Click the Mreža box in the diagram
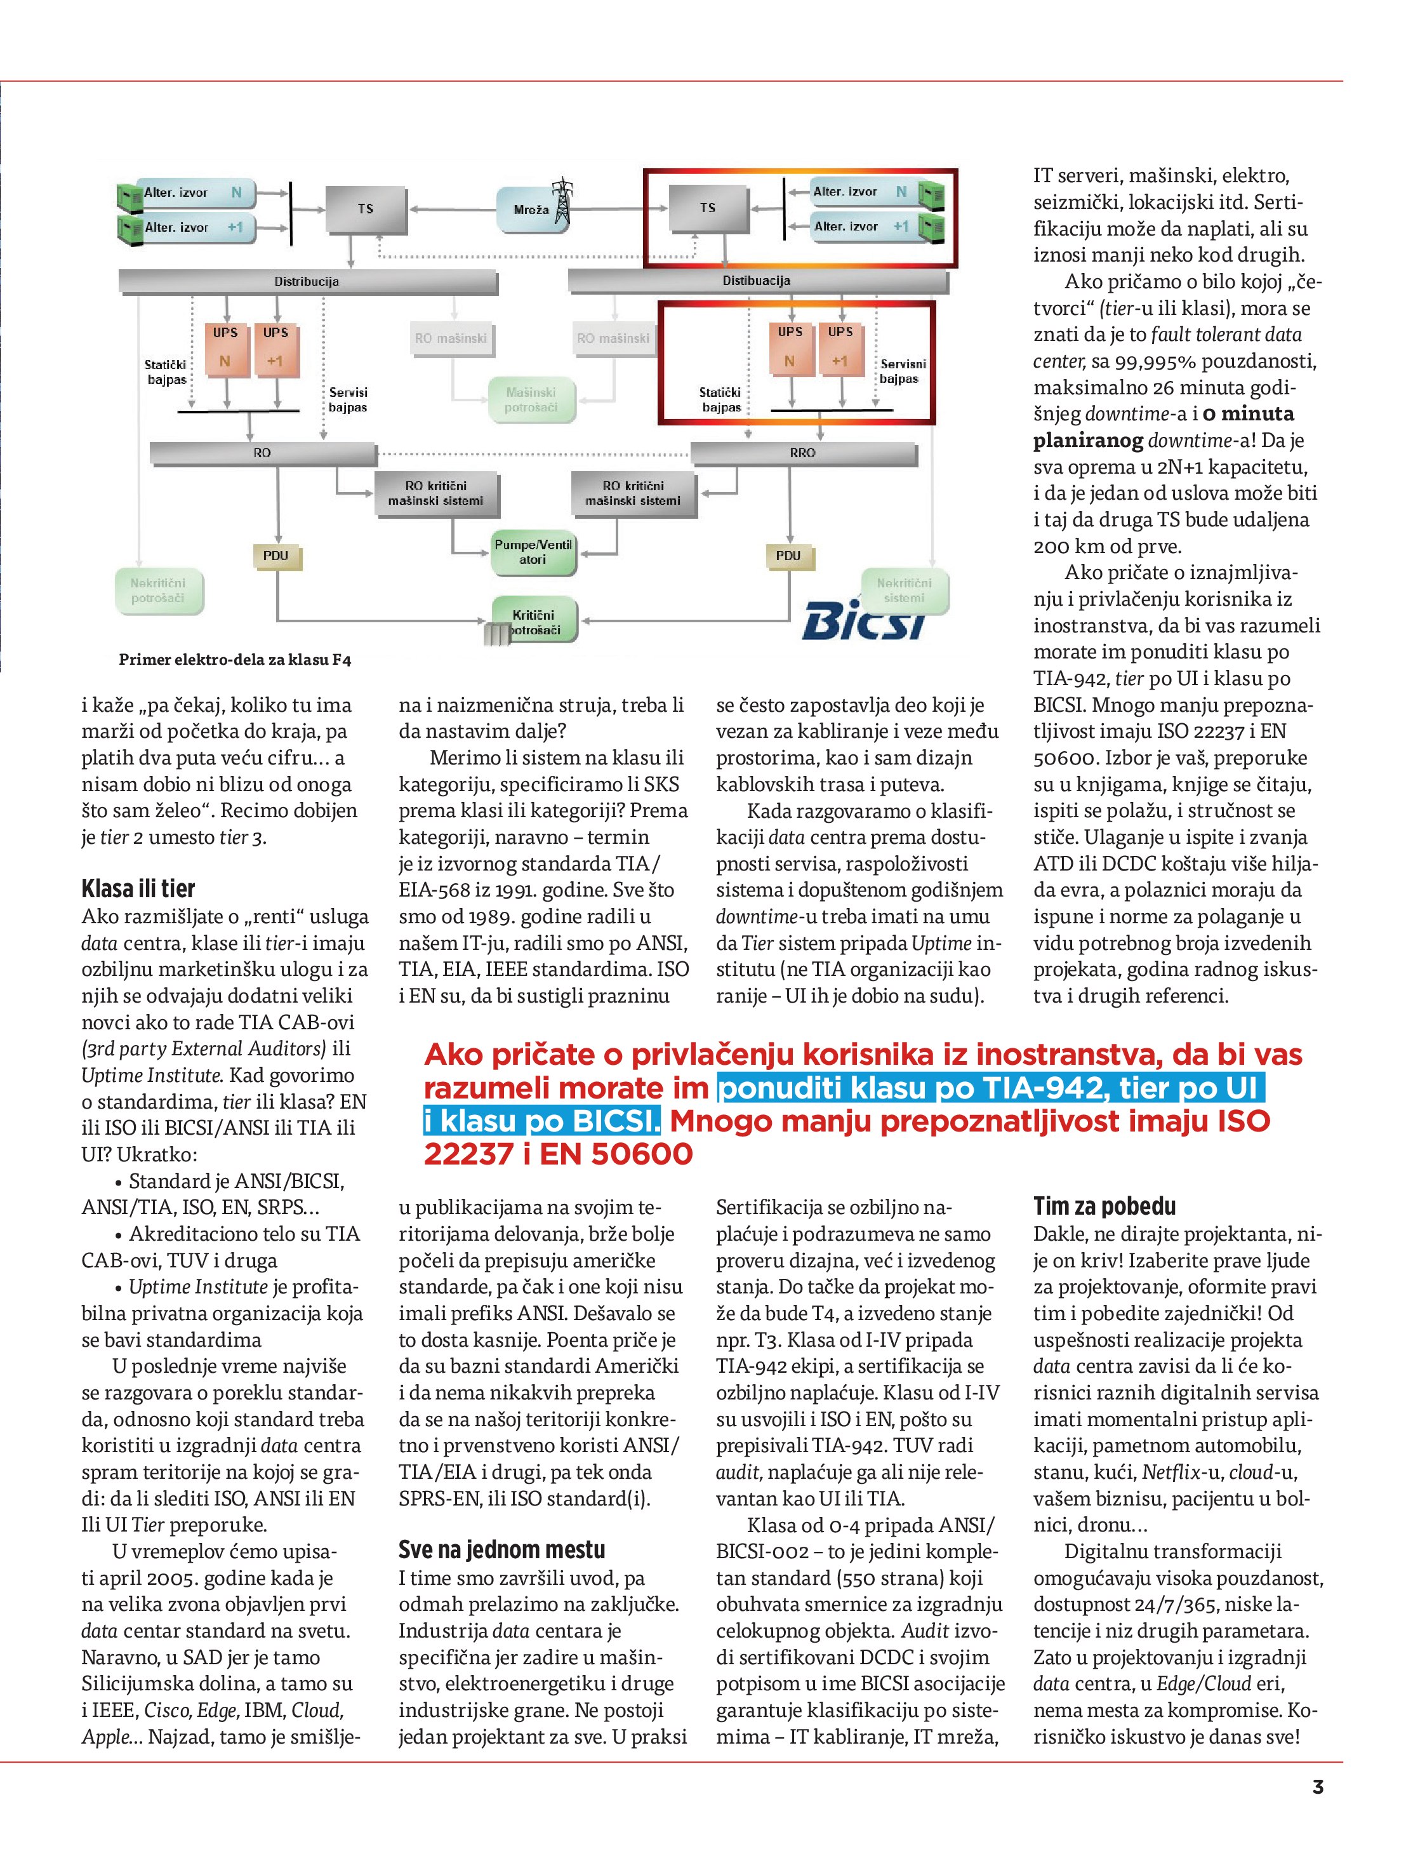pyautogui.click(x=530, y=209)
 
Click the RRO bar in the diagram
pyautogui.click(x=802, y=453)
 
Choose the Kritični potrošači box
pyautogui.click(x=534, y=622)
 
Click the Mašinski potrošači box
pyautogui.click(x=531, y=399)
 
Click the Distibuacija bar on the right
pyautogui.click(x=757, y=281)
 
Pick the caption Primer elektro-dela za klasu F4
pyautogui.click(x=235, y=660)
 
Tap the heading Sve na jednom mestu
pyautogui.click(x=501, y=1549)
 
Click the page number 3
pyautogui.click(x=1317, y=1810)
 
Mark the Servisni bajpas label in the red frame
pyautogui.click(x=903, y=371)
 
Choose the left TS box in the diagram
pyautogui.click(x=366, y=209)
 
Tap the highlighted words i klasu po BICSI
pyautogui.click(x=542, y=1121)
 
